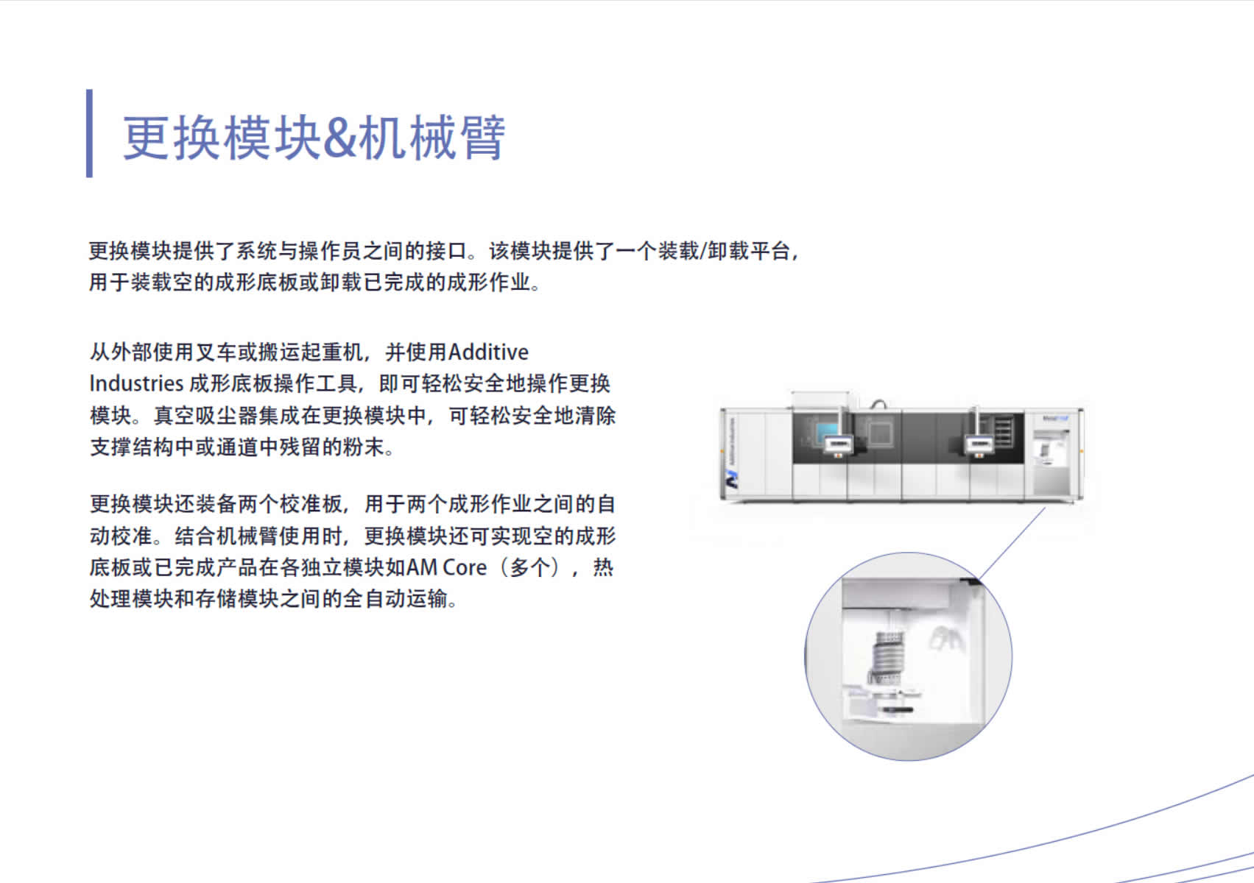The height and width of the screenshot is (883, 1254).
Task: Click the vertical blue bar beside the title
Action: tap(90, 133)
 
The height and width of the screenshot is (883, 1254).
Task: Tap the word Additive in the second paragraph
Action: tap(488, 352)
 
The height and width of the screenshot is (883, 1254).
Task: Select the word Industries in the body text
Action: tap(137, 384)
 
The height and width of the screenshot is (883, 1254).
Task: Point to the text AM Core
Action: tap(447, 567)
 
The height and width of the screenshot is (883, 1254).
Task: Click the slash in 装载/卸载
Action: tap(703, 251)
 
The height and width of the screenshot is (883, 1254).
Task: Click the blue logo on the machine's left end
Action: tap(732, 480)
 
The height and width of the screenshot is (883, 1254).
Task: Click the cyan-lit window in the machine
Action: tap(826, 432)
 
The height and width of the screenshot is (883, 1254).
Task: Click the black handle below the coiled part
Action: tap(897, 709)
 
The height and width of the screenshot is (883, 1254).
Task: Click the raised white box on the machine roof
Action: tap(822, 400)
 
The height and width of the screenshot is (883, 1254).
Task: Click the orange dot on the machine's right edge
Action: tap(1082, 451)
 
